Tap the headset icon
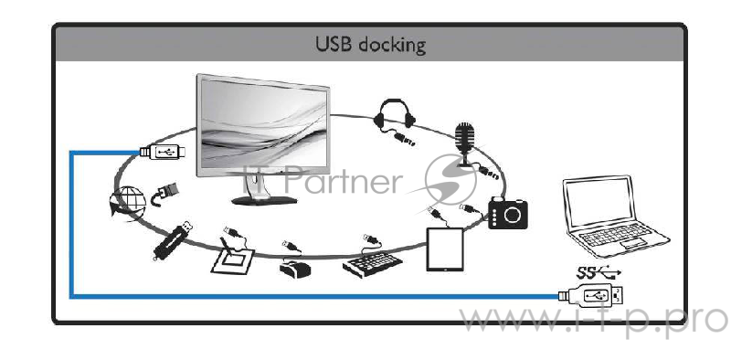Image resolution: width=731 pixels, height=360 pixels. tap(395, 118)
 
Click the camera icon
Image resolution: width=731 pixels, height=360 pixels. tap(508, 213)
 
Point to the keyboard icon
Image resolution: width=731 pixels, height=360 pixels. tap(372, 261)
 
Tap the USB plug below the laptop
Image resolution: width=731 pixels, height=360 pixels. tap(592, 295)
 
